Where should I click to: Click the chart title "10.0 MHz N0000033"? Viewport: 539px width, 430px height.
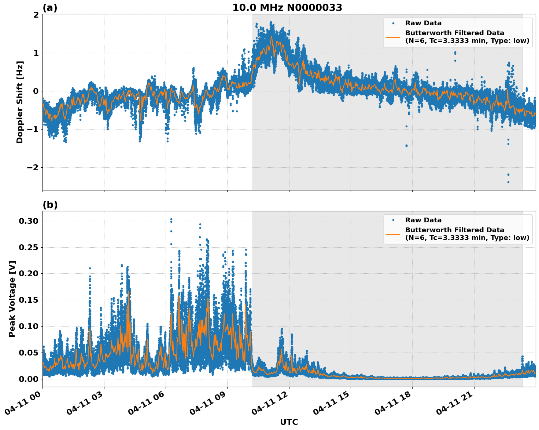point(287,8)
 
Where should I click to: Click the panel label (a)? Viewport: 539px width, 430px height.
point(50,8)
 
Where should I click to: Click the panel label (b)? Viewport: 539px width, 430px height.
point(50,205)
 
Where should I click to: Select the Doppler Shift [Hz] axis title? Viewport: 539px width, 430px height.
point(20,102)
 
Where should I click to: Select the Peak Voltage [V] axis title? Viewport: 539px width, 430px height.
point(12,299)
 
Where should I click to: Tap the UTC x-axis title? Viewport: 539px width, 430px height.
point(289,422)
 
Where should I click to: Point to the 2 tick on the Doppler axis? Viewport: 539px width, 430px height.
point(36,15)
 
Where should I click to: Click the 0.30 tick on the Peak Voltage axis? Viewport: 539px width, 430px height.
point(29,221)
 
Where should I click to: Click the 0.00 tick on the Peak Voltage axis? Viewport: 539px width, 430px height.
point(29,379)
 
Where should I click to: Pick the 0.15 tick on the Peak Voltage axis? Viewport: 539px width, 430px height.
point(29,300)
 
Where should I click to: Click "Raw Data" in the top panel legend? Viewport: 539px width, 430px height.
point(423,23)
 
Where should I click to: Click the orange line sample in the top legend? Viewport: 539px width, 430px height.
point(393,37)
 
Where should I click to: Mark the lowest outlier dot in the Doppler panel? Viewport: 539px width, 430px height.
point(508,182)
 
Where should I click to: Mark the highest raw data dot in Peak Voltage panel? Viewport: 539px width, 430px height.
point(171,219)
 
